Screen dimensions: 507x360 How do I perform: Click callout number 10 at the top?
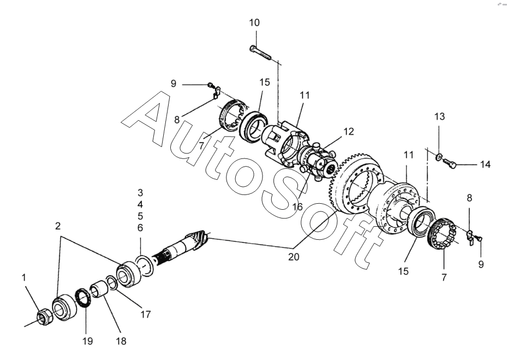point(254,23)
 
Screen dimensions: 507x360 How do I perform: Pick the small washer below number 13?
point(439,157)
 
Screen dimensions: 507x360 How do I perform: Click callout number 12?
point(348,132)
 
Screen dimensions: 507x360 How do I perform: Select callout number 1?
point(23,278)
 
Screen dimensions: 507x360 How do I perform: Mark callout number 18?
point(121,341)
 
